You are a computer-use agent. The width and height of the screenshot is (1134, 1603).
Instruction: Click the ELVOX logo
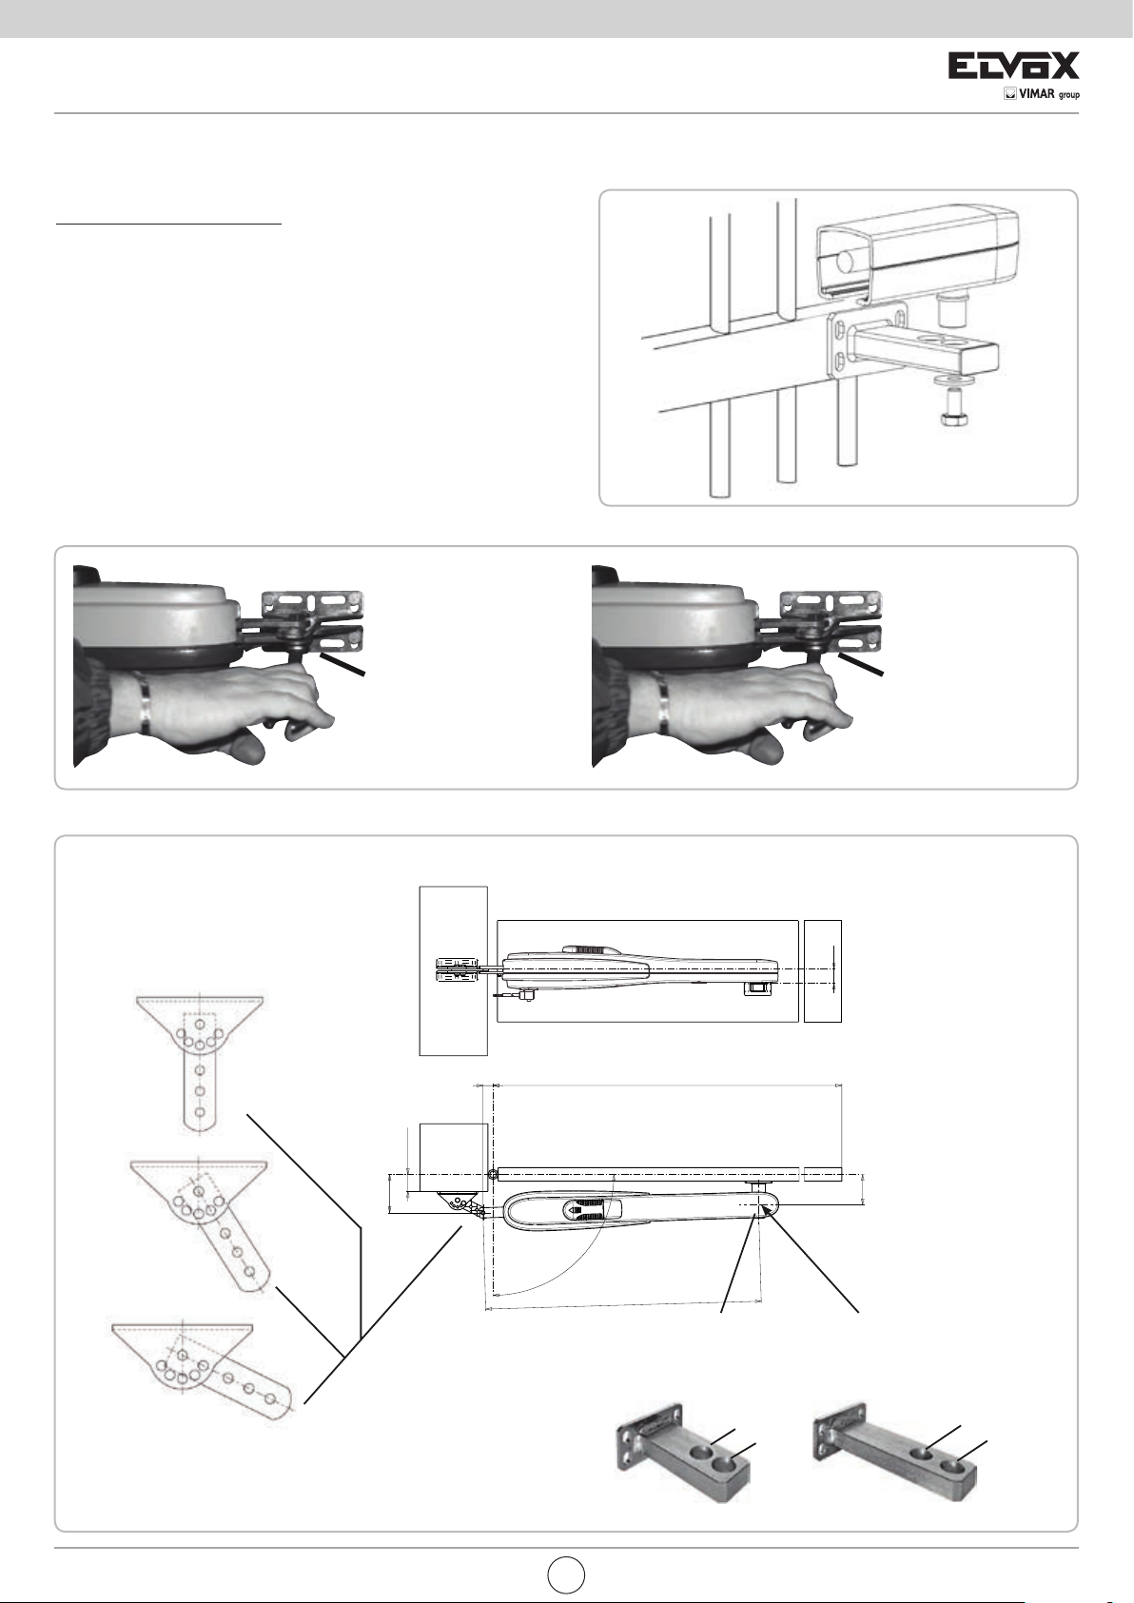(x=1013, y=66)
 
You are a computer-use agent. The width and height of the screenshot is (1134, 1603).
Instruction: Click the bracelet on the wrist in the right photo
(x=659, y=702)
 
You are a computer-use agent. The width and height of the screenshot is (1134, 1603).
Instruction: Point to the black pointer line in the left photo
(x=343, y=664)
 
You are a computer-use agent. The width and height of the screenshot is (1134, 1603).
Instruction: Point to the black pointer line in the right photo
(x=861, y=664)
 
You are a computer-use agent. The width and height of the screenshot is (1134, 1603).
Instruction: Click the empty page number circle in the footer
(x=566, y=1574)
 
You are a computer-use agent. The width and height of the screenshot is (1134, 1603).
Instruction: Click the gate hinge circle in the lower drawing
(x=492, y=1175)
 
